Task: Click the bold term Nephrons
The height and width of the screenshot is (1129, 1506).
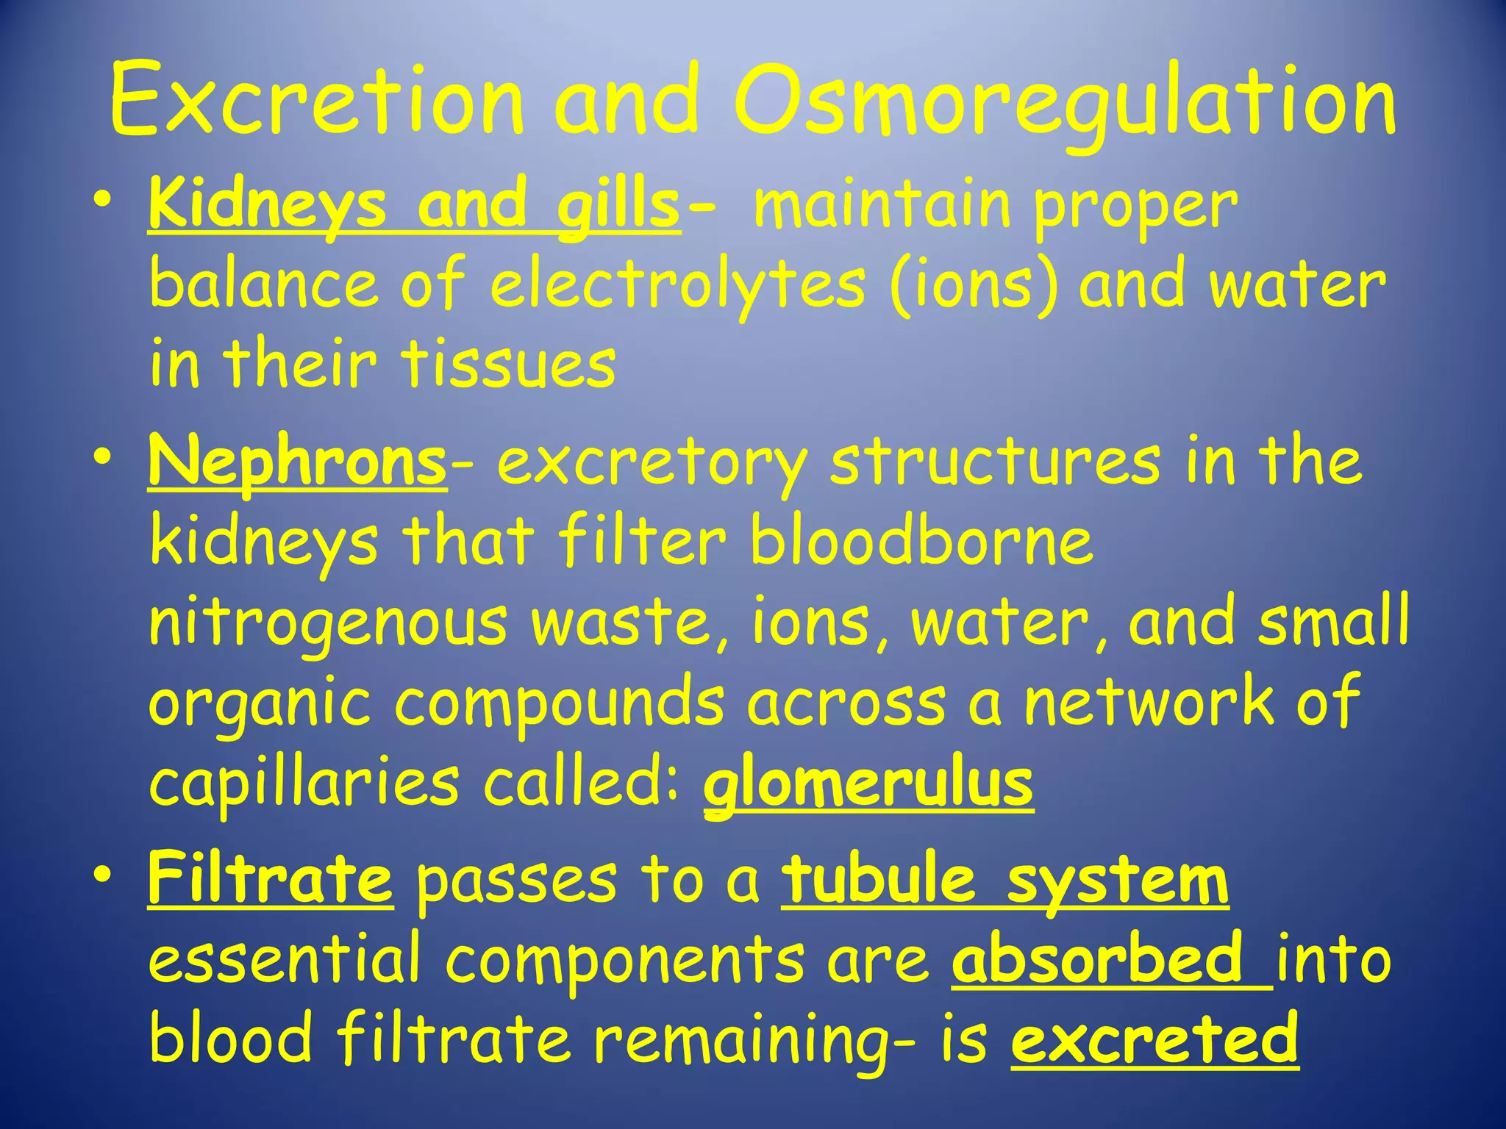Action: coord(297,463)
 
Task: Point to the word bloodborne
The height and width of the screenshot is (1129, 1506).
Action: coord(921,542)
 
